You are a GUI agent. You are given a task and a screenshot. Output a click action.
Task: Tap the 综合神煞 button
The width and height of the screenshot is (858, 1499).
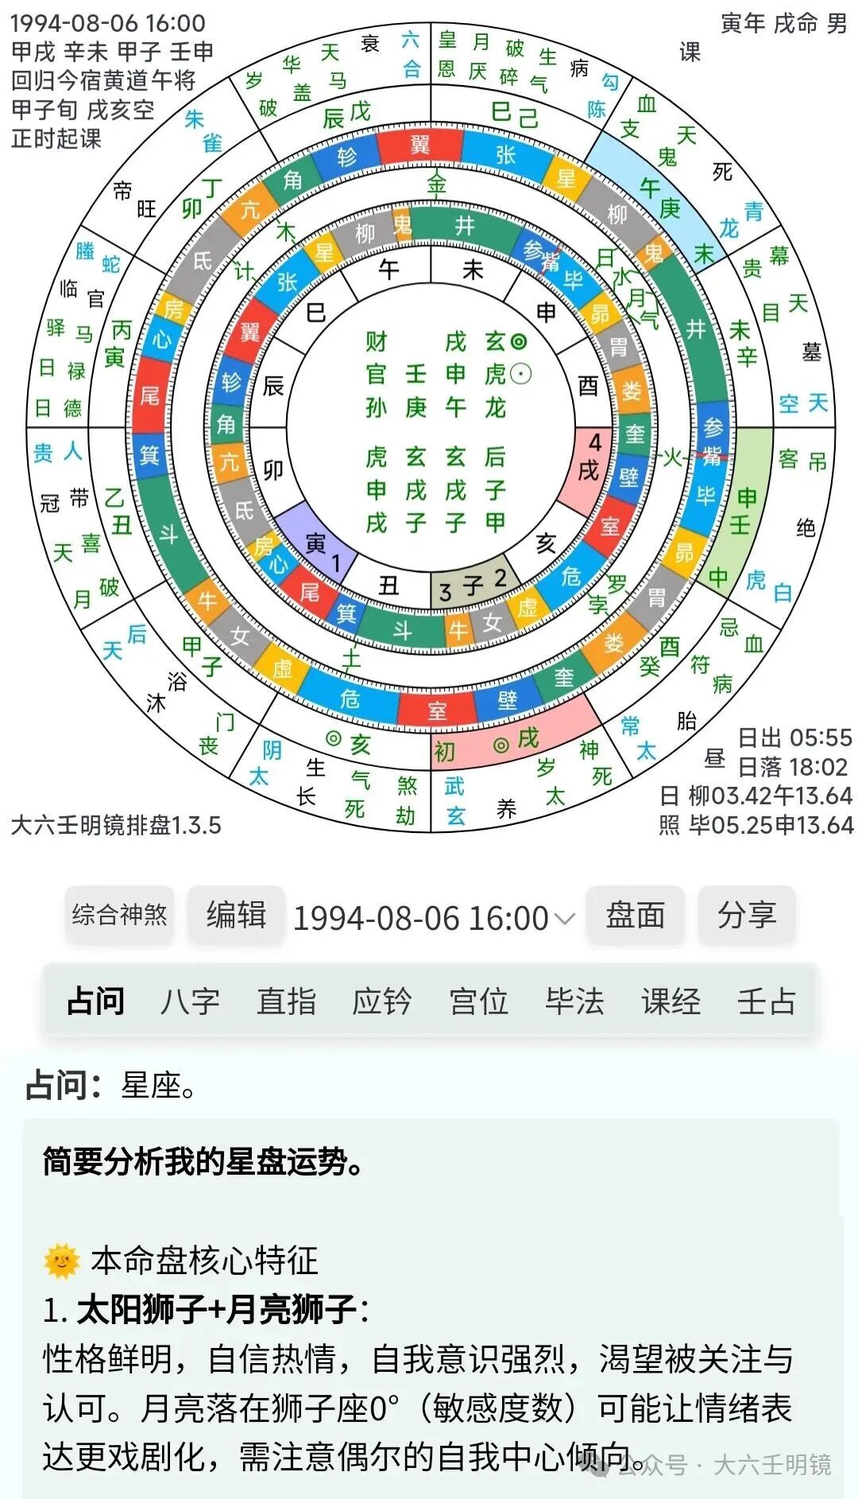click(119, 915)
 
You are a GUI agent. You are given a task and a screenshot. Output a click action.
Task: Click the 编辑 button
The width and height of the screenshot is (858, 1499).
click(236, 915)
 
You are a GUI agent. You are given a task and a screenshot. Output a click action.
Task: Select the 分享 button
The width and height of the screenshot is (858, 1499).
click(746, 915)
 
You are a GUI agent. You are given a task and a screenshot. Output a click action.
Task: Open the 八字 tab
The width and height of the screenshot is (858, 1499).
click(190, 1001)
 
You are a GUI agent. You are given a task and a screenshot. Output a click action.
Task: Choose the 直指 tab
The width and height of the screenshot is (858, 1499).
click(286, 1001)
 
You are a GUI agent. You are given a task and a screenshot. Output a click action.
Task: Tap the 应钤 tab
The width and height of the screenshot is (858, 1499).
click(382, 1001)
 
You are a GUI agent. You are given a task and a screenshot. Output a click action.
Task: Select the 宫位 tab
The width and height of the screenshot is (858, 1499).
click(478, 1001)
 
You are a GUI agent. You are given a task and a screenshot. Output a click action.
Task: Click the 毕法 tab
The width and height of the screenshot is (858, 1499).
click(574, 1001)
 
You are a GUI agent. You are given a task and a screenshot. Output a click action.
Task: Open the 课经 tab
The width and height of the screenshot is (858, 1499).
click(671, 1001)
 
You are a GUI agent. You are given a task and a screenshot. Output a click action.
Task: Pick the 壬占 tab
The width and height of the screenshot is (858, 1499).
click(766, 1001)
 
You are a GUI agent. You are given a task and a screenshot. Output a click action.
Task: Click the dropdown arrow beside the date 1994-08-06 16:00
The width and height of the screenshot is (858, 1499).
click(564, 920)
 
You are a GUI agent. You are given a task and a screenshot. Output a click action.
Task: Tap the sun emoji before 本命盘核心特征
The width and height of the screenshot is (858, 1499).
click(62, 1261)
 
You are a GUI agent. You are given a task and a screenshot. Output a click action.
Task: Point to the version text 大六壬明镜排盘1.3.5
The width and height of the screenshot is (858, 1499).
click(116, 825)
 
